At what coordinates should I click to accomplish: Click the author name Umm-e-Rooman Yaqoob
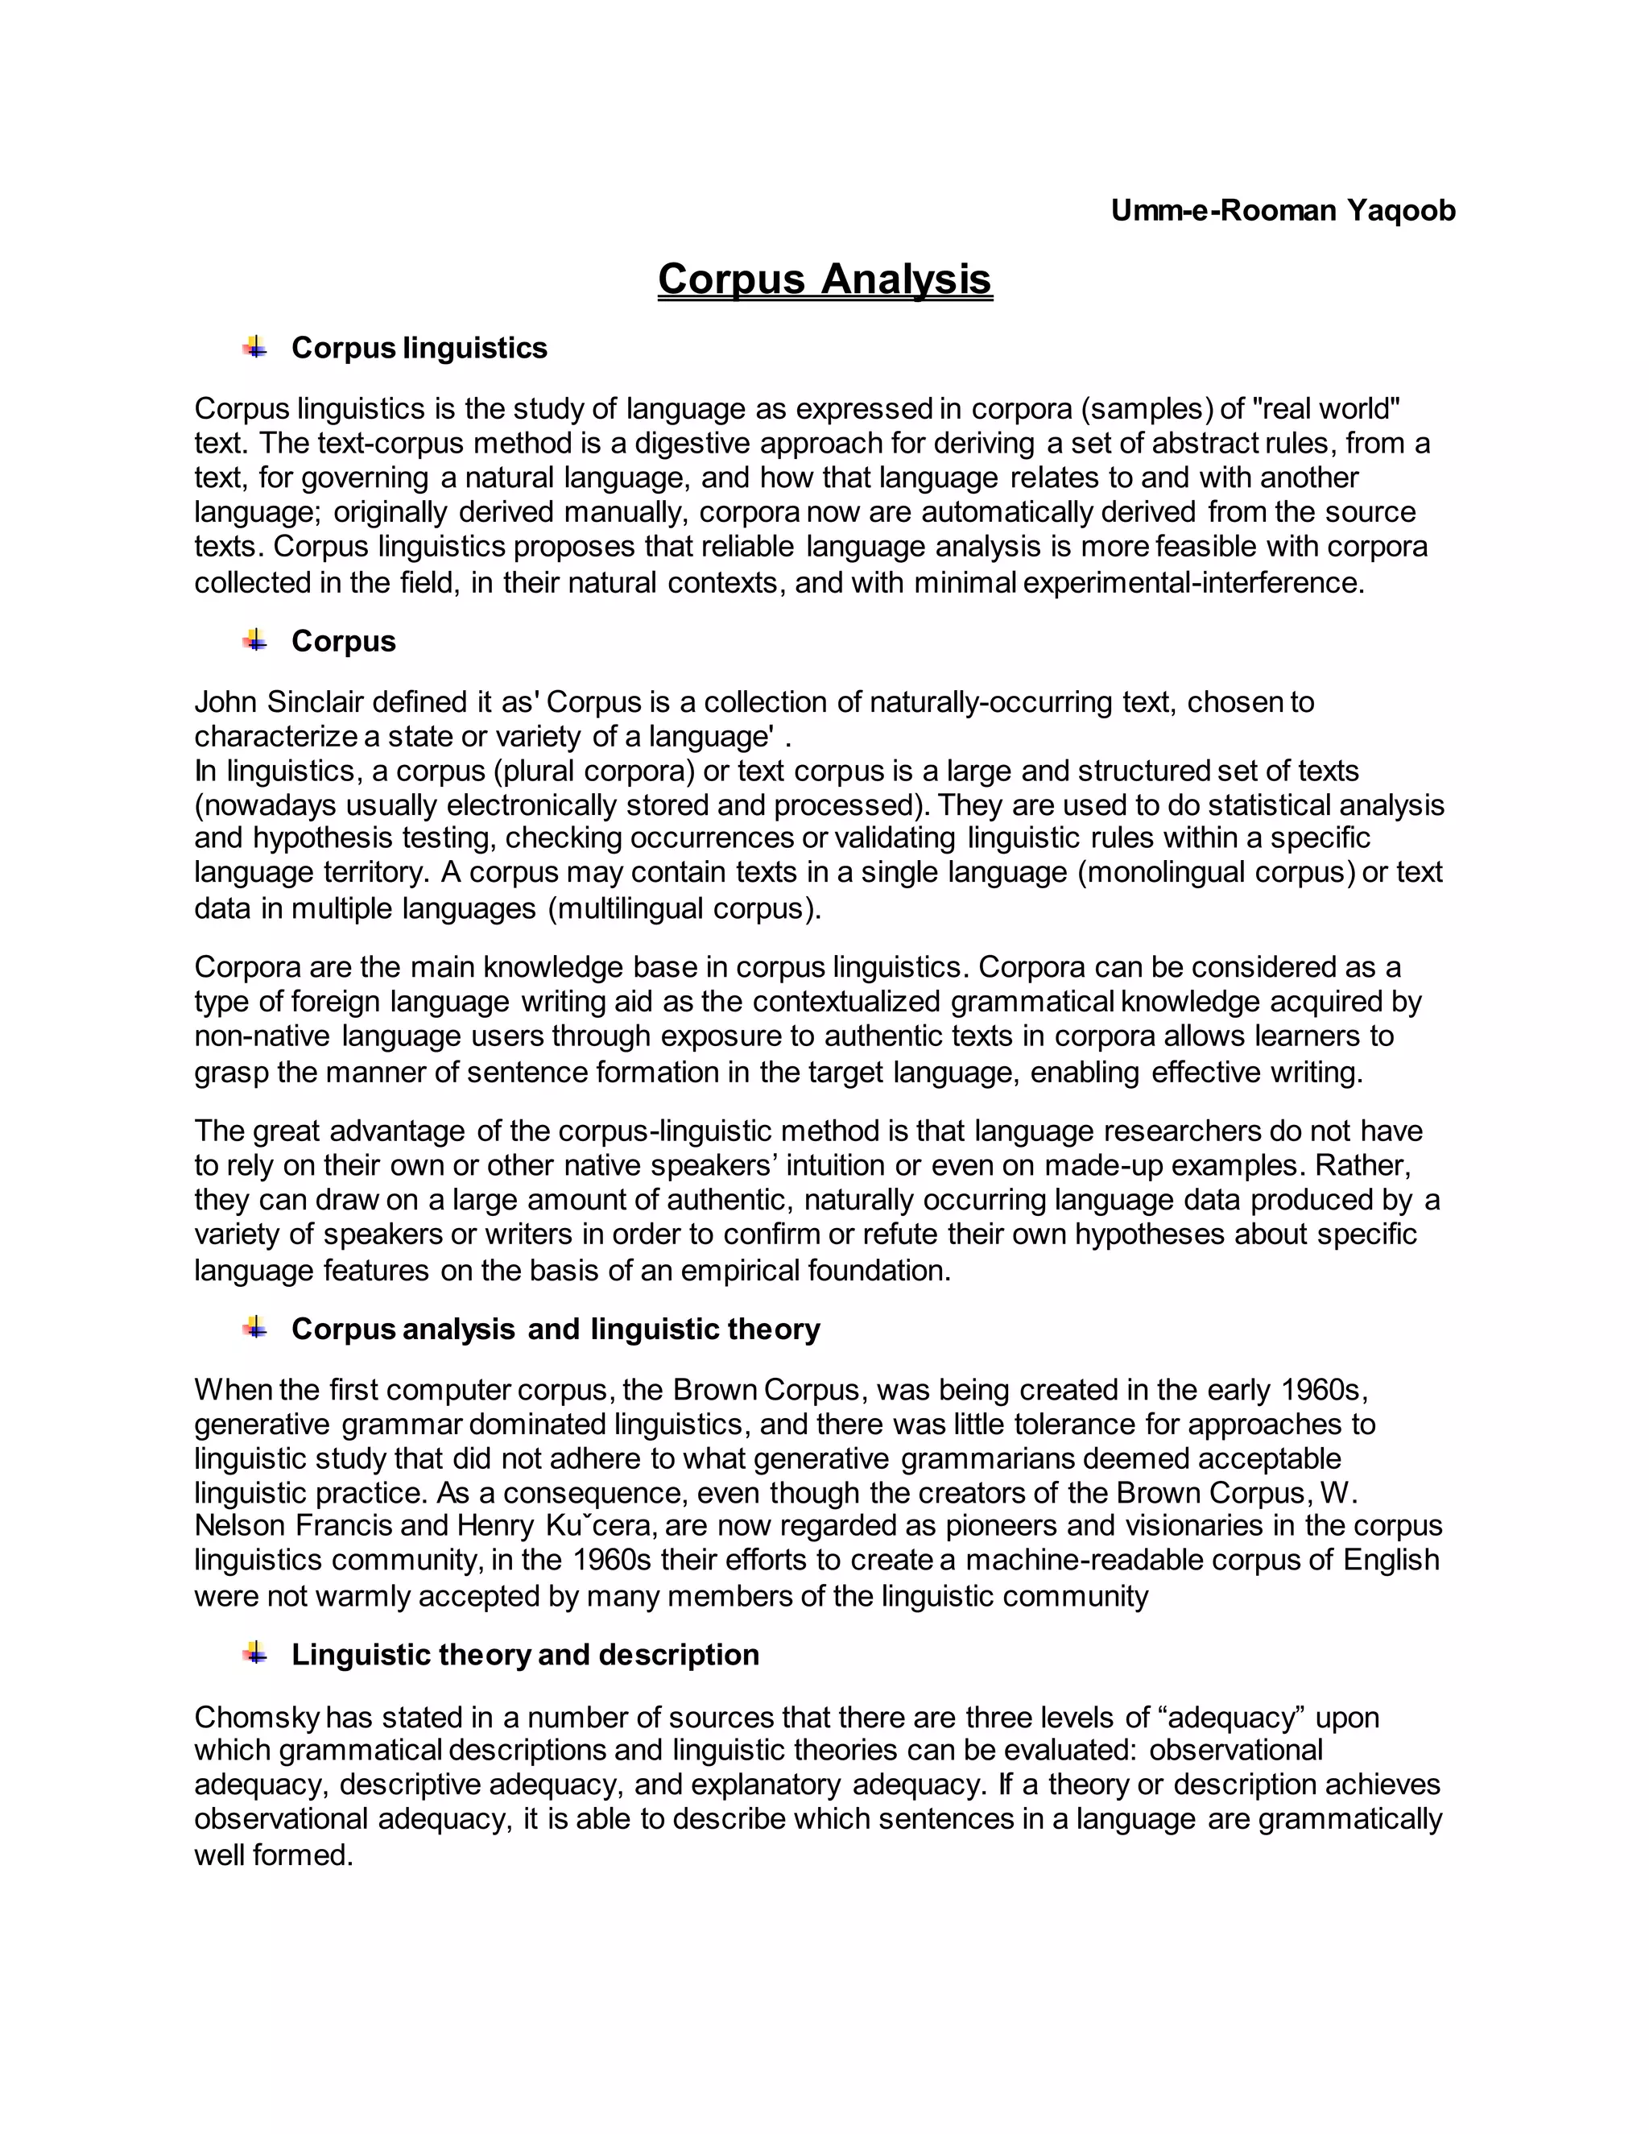[x=1282, y=210]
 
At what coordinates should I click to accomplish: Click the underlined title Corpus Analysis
[x=824, y=279]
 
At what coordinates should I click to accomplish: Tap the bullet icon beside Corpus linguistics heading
[x=255, y=347]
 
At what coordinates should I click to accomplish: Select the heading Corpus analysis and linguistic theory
[x=555, y=1329]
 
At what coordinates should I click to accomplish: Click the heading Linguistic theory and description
[x=525, y=1654]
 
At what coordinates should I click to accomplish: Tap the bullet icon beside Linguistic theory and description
[x=255, y=1653]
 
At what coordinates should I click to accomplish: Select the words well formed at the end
[x=273, y=1855]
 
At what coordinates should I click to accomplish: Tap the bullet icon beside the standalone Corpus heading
[x=255, y=640]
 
